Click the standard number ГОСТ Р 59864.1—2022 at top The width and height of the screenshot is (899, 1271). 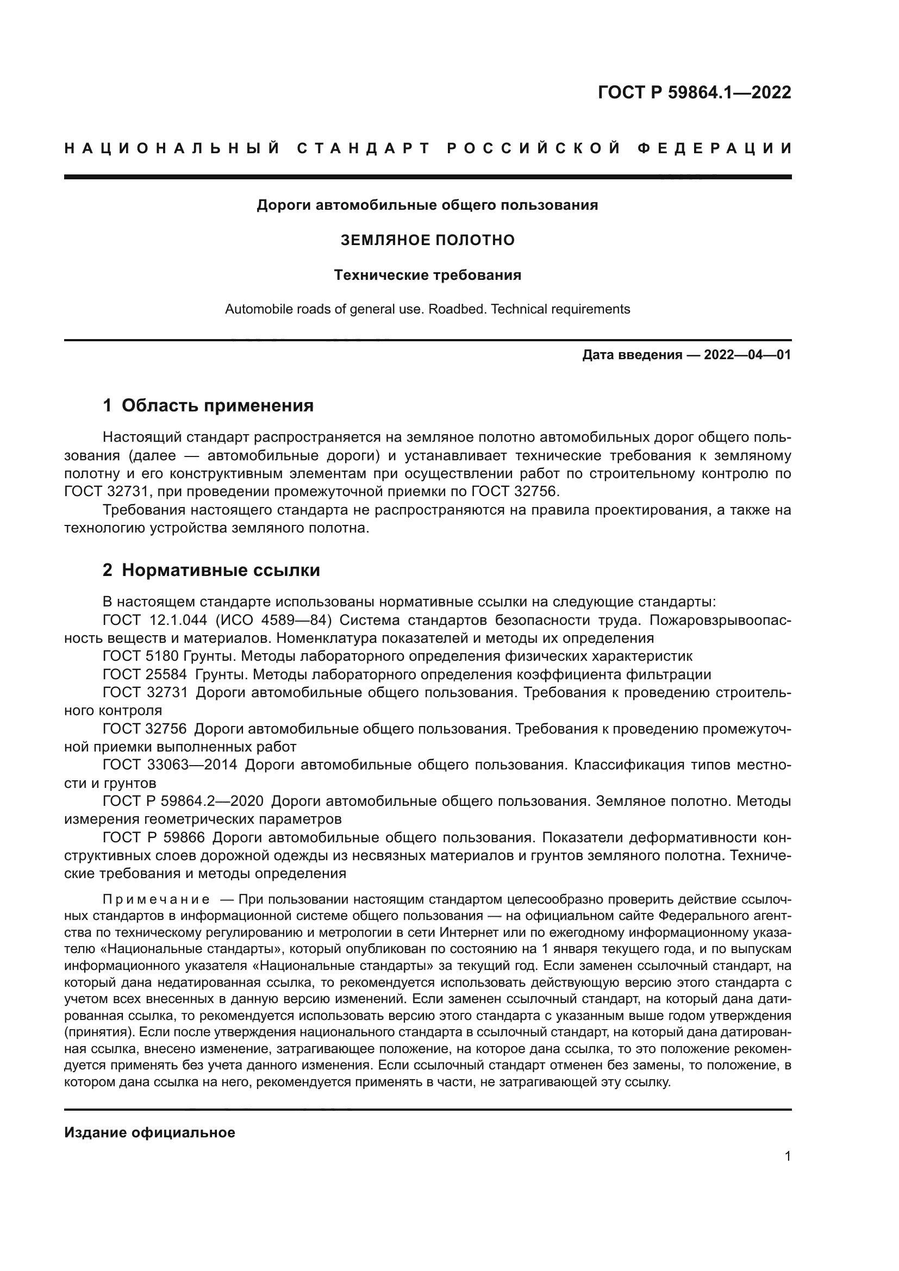click(x=694, y=92)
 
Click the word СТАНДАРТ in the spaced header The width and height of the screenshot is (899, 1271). click(x=364, y=148)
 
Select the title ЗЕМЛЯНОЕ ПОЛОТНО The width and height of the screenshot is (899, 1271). click(x=427, y=240)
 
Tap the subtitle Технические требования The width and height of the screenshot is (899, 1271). click(x=427, y=275)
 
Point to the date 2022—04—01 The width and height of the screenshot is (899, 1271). click(x=747, y=355)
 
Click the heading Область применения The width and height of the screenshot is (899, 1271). click(x=217, y=406)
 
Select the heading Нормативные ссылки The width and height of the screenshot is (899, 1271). click(x=221, y=570)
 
